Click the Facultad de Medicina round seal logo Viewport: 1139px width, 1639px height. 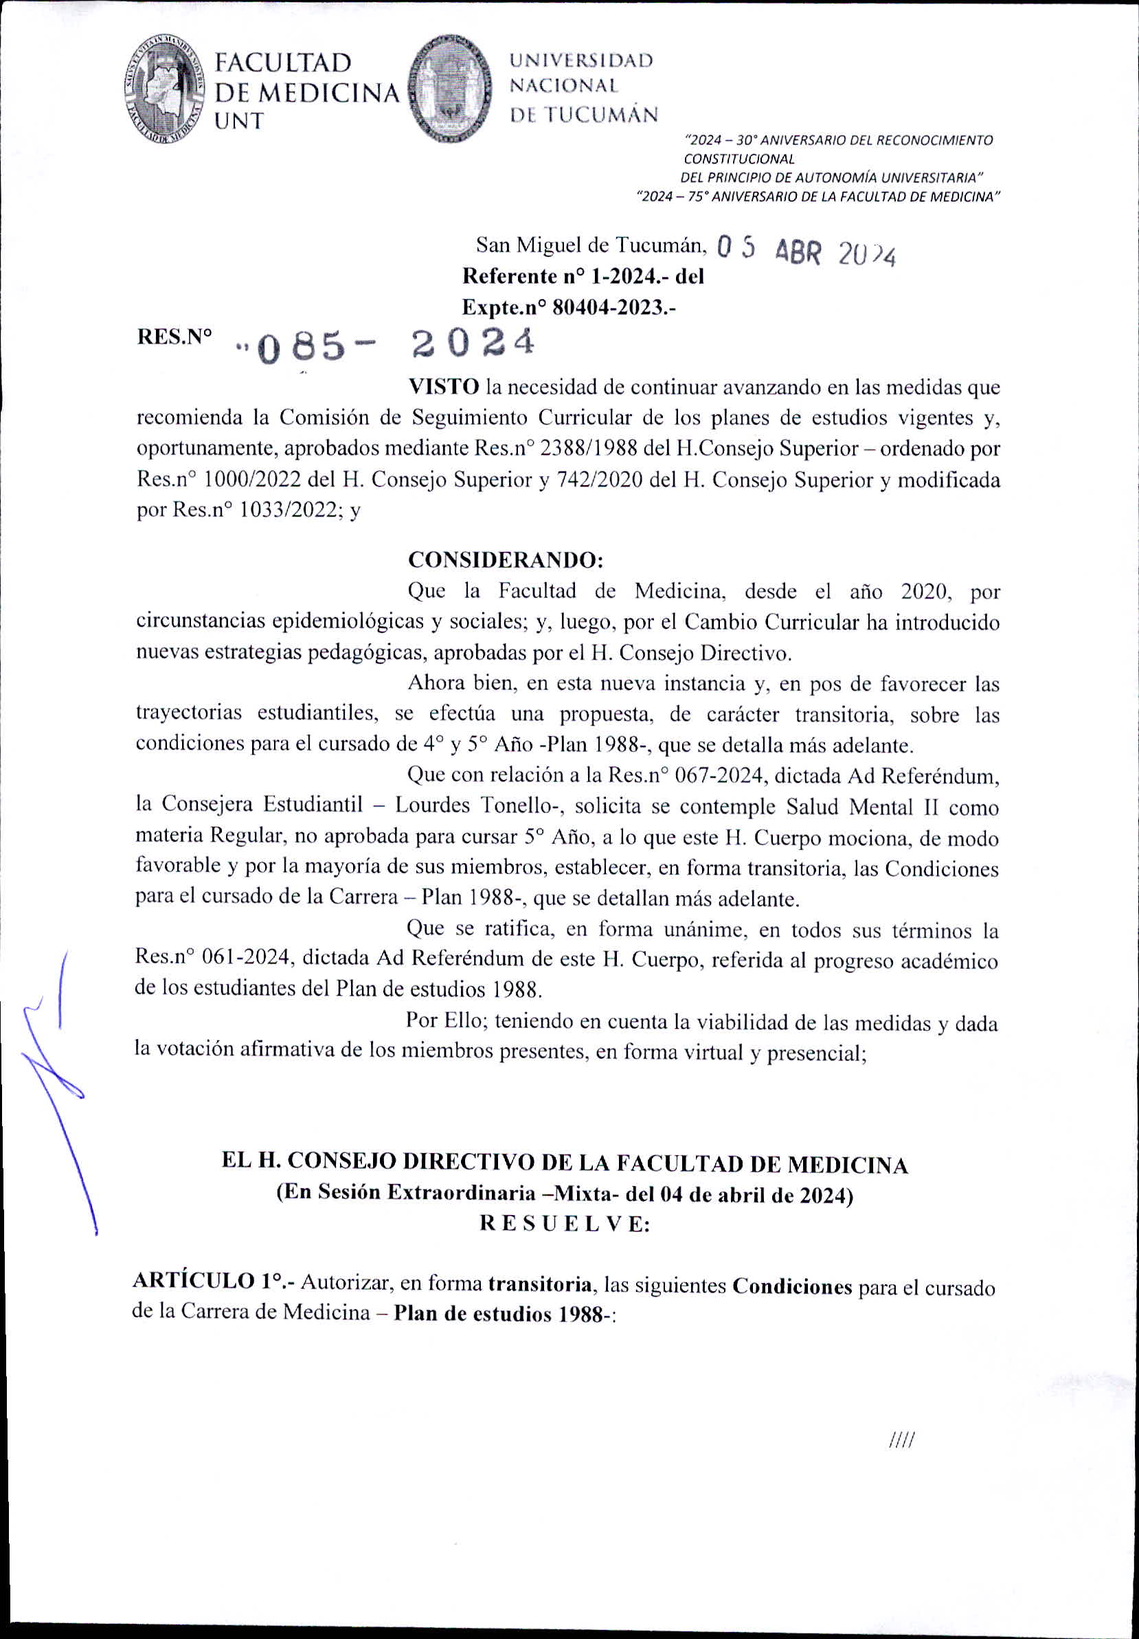click(x=165, y=89)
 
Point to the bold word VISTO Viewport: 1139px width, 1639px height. click(x=443, y=387)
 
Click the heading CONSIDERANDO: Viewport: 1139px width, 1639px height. click(x=506, y=559)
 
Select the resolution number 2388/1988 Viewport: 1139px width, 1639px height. click(x=577, y=448)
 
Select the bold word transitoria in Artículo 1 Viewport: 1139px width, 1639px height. click(x=540, y=1284)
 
